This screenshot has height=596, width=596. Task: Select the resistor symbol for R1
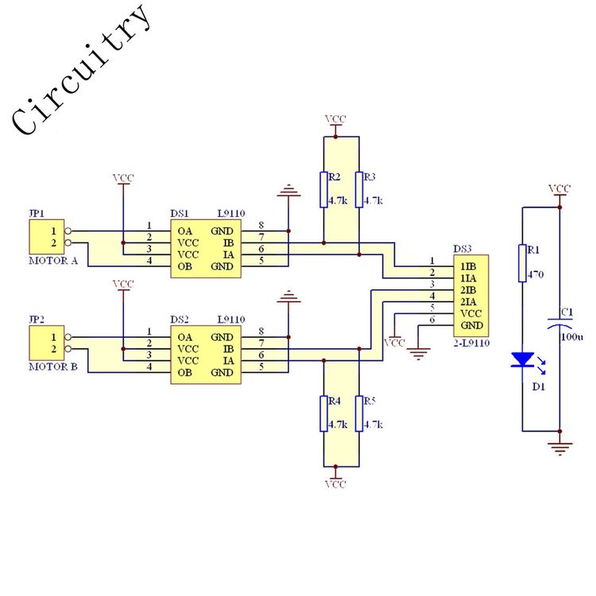tap(522, 263)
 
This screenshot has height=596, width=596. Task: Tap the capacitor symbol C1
tap(559, 323)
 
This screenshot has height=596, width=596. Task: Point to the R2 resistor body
tap(323, 190)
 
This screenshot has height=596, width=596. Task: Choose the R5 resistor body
tap(359, 413)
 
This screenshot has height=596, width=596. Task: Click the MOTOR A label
tap(53, 261)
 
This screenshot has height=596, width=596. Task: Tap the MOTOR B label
tap(53, 367)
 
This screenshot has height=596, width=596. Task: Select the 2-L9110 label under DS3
tap(471, 343)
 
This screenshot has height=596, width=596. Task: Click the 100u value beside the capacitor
tap(572, 337)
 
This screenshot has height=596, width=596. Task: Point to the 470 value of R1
tap(536, 274)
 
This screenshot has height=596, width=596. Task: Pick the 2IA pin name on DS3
tap(468, 302)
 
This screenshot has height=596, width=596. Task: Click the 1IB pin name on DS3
tap(468, 266)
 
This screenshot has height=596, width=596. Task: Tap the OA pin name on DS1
tap(184, 231)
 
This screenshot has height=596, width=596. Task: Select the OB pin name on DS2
tap(184, 373)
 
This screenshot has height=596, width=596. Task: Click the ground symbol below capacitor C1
tap(560, 447)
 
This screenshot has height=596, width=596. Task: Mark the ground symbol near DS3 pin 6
tap(418, 354)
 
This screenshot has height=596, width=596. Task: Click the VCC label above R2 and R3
tap(335, 119)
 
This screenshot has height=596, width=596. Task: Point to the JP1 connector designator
tap(37, 213)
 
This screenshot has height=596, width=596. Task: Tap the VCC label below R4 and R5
tap(335, 484)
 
